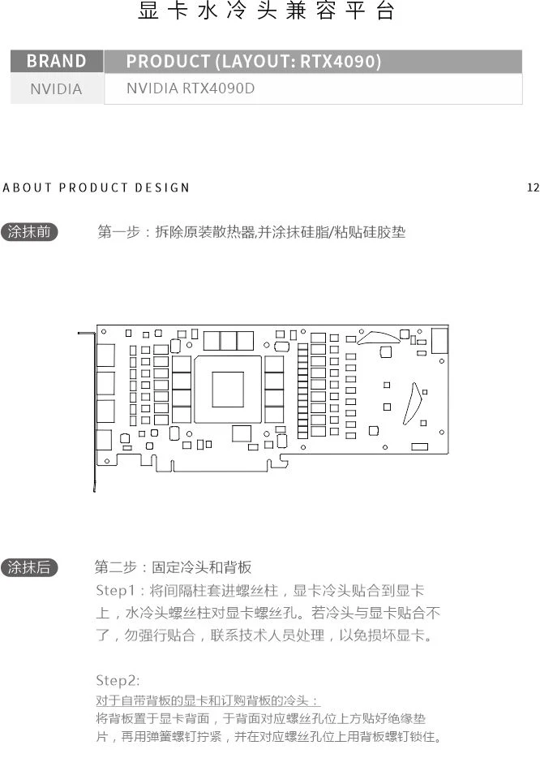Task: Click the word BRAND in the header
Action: point(56,62)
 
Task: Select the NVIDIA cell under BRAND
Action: point(56,88)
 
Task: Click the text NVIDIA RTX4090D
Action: point(191,88)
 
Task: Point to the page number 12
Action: point(533,187)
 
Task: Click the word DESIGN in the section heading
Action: point(162,187)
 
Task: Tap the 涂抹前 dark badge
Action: point(29,232)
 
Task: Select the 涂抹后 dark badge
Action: point(29,567)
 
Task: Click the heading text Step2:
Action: point(118,680)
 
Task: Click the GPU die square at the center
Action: point(228,389)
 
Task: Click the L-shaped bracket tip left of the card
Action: point(85,332)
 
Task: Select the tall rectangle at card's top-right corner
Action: point(439,340)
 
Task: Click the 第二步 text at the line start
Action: point(114,567)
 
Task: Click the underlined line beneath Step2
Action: point(208,700)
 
